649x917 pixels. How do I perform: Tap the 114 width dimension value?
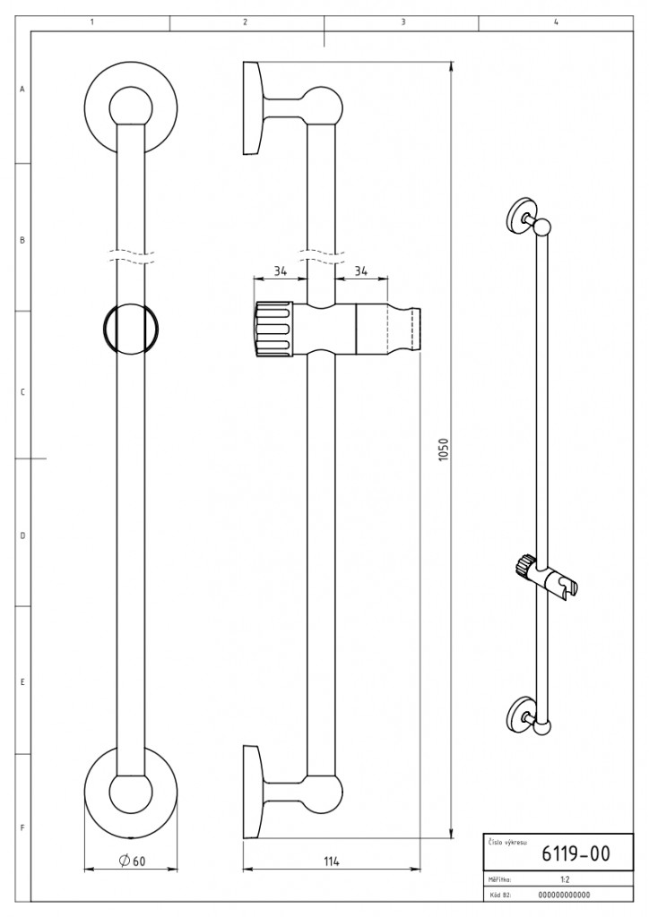[x=332, y=861]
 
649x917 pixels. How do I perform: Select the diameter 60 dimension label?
[x=132, y=861]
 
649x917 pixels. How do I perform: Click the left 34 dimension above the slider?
[x=281, y=270]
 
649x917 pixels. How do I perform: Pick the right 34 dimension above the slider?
[x=361, y=270]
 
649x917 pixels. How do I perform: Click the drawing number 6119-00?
[x=575, y=853]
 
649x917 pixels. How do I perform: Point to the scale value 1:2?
[x=566, y=879]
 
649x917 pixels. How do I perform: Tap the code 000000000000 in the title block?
[x=564, y=895]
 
